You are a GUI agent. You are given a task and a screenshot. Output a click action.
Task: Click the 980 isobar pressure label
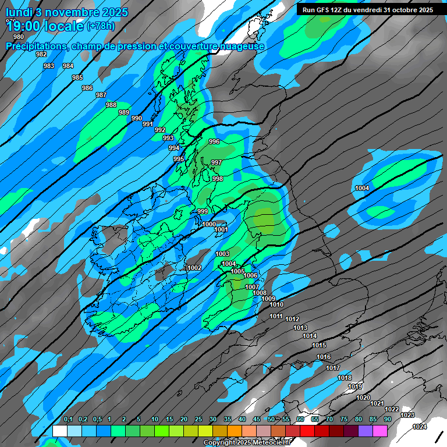click(x=19, y=37)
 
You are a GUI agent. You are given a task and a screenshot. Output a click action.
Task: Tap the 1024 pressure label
click(x=420, y=427)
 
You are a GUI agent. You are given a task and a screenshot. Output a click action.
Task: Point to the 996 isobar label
click(x=214, y=141)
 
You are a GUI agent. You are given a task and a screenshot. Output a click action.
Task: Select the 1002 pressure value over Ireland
click(x=194, y=268)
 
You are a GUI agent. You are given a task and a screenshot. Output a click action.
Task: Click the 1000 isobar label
click(x=209, y=224)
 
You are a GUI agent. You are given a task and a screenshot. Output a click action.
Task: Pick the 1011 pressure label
click(x=276, y=316)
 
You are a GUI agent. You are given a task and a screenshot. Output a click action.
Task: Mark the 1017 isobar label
click(x=333, y=368)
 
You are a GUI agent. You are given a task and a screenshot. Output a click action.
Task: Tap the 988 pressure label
click(x=111, y=105)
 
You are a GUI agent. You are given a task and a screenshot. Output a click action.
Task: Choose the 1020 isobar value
click(x=363, y=398)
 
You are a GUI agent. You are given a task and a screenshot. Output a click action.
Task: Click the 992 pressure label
click(x=160, y=130)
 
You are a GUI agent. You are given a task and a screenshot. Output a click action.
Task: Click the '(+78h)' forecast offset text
click(x=101, y=26)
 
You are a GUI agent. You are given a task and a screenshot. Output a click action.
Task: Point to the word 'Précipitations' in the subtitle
click(x=36, y=46)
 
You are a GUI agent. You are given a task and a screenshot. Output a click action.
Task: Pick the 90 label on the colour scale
click(x=387, y=419)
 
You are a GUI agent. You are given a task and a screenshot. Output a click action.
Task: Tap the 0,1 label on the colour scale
click(x=68, y=419)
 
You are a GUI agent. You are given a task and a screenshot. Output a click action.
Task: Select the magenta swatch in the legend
click(x=380, y=431)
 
